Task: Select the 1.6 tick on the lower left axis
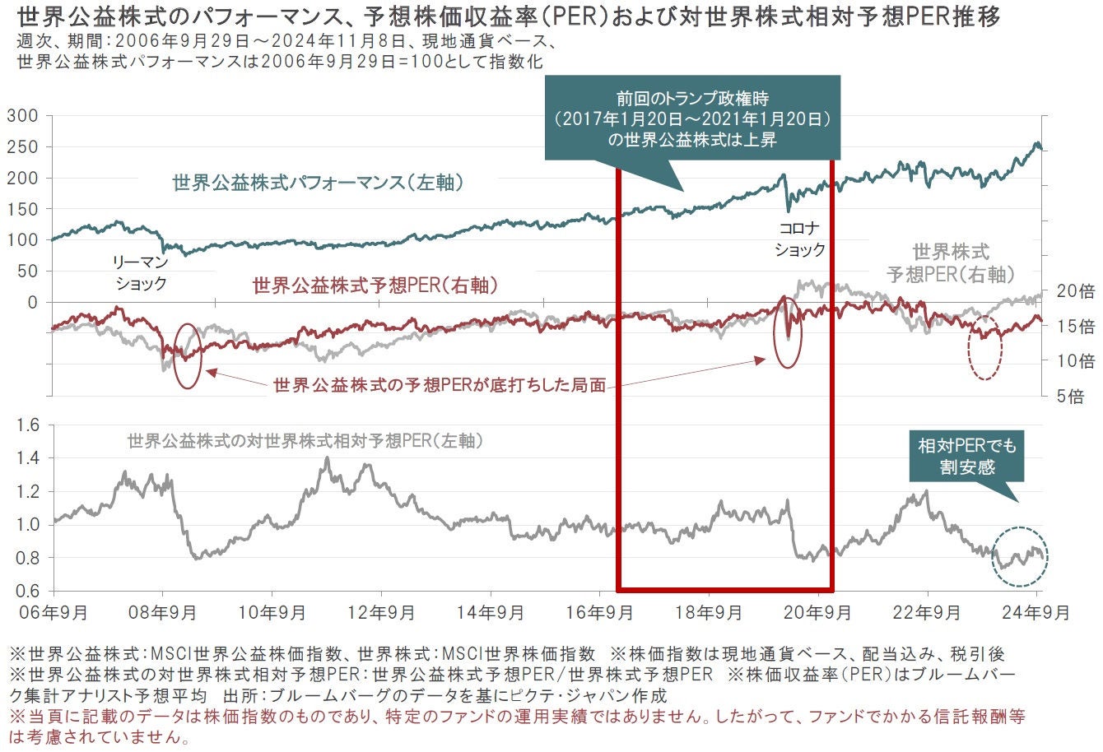coord(28,425)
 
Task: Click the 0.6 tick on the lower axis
coord(28,591)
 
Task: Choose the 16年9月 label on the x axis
coord(601,612)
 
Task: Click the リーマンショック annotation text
coord(141,273)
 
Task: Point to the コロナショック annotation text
coord(799,239)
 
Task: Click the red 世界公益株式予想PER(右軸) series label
coord(375,285)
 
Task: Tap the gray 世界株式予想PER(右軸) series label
coord(951,263)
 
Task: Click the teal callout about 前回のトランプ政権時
coord(692,117)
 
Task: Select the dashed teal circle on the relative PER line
coord(1020,556)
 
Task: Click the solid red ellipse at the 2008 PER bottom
coord(187,356)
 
